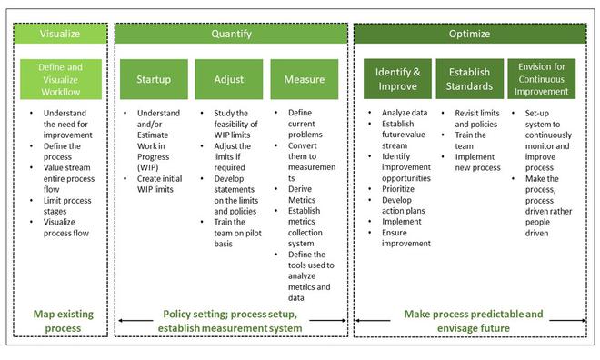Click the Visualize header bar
(60, 35)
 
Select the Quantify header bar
(231, 35)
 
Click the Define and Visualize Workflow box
(60, 79)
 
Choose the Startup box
(154, 79)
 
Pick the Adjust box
(228, 79)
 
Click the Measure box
(303, 79)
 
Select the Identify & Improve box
(397, 79)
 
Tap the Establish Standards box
(469, 79)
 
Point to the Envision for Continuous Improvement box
(543, 79)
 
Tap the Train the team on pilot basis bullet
(234, 225)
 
